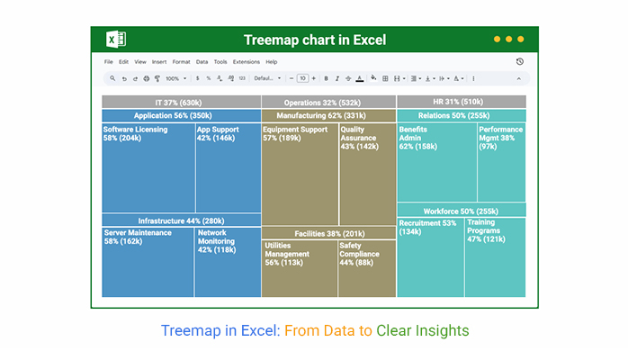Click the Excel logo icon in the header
(116, 40)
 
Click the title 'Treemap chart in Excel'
(314, 40)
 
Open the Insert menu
(159, 62)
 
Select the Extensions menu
(246, 62)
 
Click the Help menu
(271, 62)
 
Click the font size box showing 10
(302, 78)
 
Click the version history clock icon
(519, 62)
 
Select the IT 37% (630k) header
(181, 103)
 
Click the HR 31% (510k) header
(461, 103)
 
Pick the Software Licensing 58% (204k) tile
(148, 167)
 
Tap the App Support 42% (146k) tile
(227, 167)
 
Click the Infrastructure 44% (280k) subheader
(181, 220)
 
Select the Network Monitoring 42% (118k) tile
(227, 262)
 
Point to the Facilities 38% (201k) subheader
(328, 233)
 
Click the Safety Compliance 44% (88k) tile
(366, 268)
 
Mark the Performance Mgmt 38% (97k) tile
(501, 162)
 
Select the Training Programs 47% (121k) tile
(495, 257)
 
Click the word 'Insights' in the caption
(443, 331)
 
